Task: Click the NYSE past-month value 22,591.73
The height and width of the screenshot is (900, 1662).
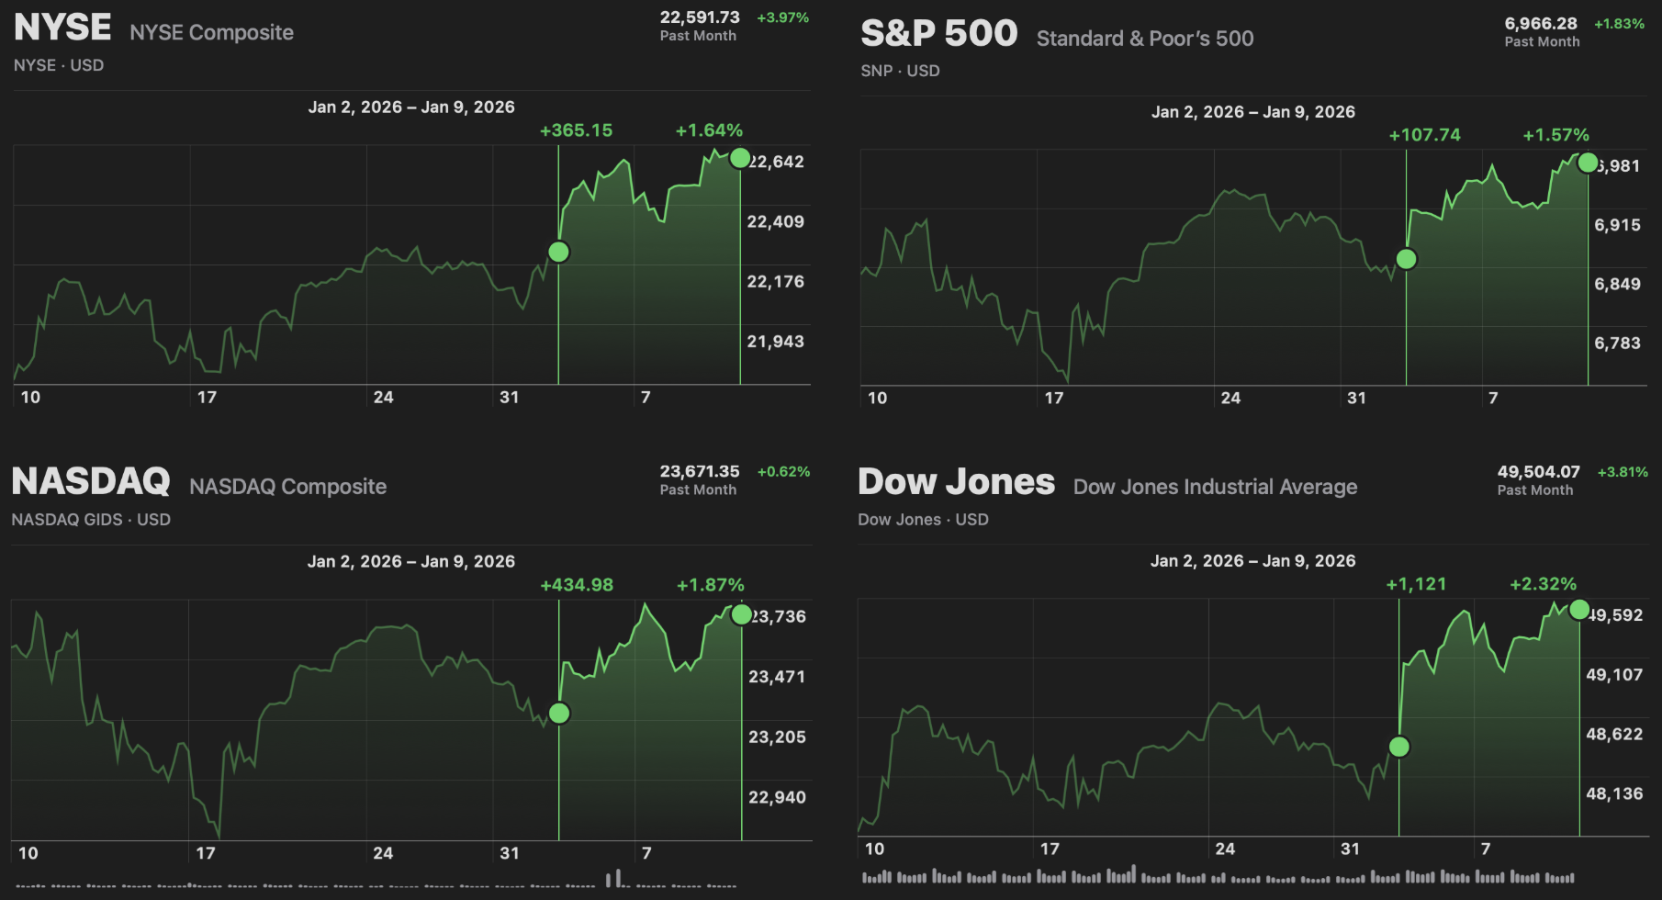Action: tap(700, 17)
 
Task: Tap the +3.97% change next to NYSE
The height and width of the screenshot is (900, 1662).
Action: tap(782, 17)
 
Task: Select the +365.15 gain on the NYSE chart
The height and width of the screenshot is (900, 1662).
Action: tap(576, 130)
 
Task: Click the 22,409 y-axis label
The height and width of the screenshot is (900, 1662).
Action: tap(775, 221)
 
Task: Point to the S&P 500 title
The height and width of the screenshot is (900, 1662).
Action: tap(938, 34)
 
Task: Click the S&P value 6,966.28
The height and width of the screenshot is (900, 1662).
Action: tap(1541, 23)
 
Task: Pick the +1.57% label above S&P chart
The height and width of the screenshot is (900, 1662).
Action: tap(1555, 135)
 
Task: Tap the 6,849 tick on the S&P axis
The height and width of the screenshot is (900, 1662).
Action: tap(1617, 284)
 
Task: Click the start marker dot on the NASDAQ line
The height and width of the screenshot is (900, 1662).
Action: tap(559, 714)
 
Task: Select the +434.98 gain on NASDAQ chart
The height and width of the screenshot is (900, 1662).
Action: tap(577, 585)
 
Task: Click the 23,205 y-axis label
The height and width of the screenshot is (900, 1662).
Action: tap(777, 737)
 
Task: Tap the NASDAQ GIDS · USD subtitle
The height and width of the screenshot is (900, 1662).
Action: tap(91, 520)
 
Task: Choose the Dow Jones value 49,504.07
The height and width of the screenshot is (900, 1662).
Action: tap(1538, 471)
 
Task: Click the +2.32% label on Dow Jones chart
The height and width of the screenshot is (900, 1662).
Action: tap(1543, 584)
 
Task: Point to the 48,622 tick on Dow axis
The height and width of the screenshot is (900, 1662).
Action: tap(1614, 734)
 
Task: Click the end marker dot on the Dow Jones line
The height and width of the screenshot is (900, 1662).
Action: tap(1579, 610)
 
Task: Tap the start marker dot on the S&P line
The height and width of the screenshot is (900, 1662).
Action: tap(1406, 259)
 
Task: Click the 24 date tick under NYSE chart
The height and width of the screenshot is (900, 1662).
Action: tap(383, 397)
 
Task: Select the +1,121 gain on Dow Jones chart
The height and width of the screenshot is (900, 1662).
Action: tap(1416, 584)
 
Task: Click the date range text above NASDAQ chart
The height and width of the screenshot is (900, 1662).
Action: tap(410, 561)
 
